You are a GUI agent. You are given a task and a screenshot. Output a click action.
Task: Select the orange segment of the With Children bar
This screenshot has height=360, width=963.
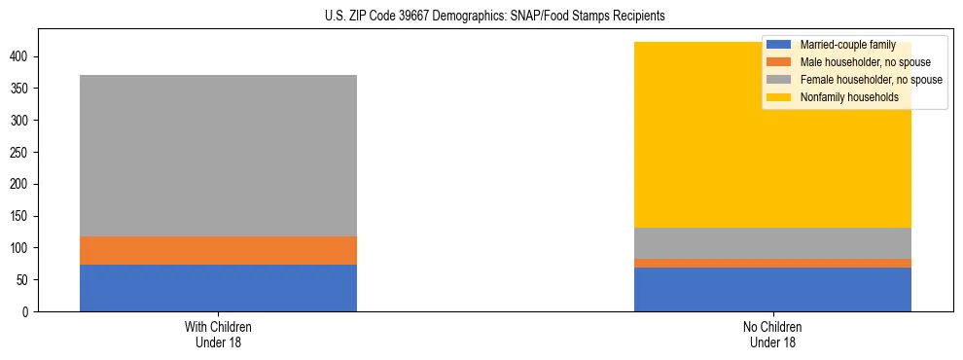[218, 251]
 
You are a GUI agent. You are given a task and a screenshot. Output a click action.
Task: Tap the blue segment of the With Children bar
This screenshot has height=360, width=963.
[218, 288]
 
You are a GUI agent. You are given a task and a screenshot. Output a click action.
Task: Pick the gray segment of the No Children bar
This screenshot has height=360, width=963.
[772, 243]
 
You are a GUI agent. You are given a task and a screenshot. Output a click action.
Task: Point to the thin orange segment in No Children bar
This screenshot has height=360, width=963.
[772, 263]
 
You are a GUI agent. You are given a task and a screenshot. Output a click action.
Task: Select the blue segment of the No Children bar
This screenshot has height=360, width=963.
[772, 289]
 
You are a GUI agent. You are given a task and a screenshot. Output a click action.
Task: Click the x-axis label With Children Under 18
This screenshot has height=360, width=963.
[218, 334]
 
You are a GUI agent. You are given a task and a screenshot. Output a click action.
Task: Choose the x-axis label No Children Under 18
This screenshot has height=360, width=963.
[772, 334]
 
